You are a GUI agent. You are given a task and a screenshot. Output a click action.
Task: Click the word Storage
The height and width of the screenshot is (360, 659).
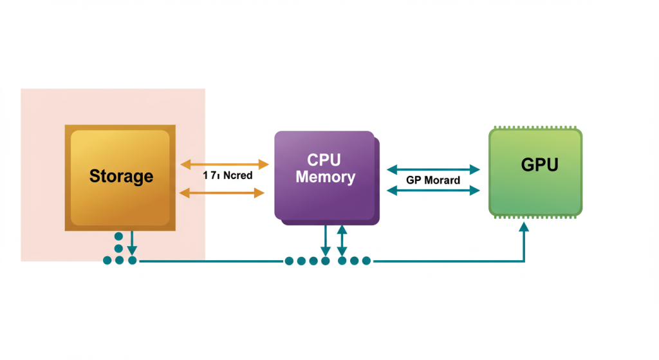pos(121,176)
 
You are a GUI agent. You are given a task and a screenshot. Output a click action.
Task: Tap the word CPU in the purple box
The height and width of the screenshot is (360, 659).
pos(325,160)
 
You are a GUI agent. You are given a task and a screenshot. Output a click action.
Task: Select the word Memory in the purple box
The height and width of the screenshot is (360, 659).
pos(325,176)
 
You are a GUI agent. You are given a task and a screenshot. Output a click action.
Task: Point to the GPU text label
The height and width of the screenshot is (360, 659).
pos(539,165)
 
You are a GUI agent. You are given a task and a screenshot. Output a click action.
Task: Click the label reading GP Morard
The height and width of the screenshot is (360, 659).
pos(433,180)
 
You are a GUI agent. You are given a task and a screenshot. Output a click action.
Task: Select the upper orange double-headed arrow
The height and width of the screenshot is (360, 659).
pos(223,165)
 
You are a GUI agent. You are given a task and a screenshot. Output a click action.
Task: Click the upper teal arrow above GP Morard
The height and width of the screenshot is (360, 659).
pos(434,169)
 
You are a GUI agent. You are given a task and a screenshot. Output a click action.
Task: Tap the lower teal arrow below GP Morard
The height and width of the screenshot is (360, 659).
pos(434,190)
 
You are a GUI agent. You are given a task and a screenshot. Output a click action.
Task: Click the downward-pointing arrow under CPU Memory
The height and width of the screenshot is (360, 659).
pos(326,242)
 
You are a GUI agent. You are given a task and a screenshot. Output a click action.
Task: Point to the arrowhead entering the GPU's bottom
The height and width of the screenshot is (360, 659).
pos(524,227)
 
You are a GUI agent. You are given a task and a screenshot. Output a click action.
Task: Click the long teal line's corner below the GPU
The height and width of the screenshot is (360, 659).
pos(524,261)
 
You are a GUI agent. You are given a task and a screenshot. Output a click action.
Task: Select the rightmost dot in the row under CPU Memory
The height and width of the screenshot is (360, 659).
pos(366,261)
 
